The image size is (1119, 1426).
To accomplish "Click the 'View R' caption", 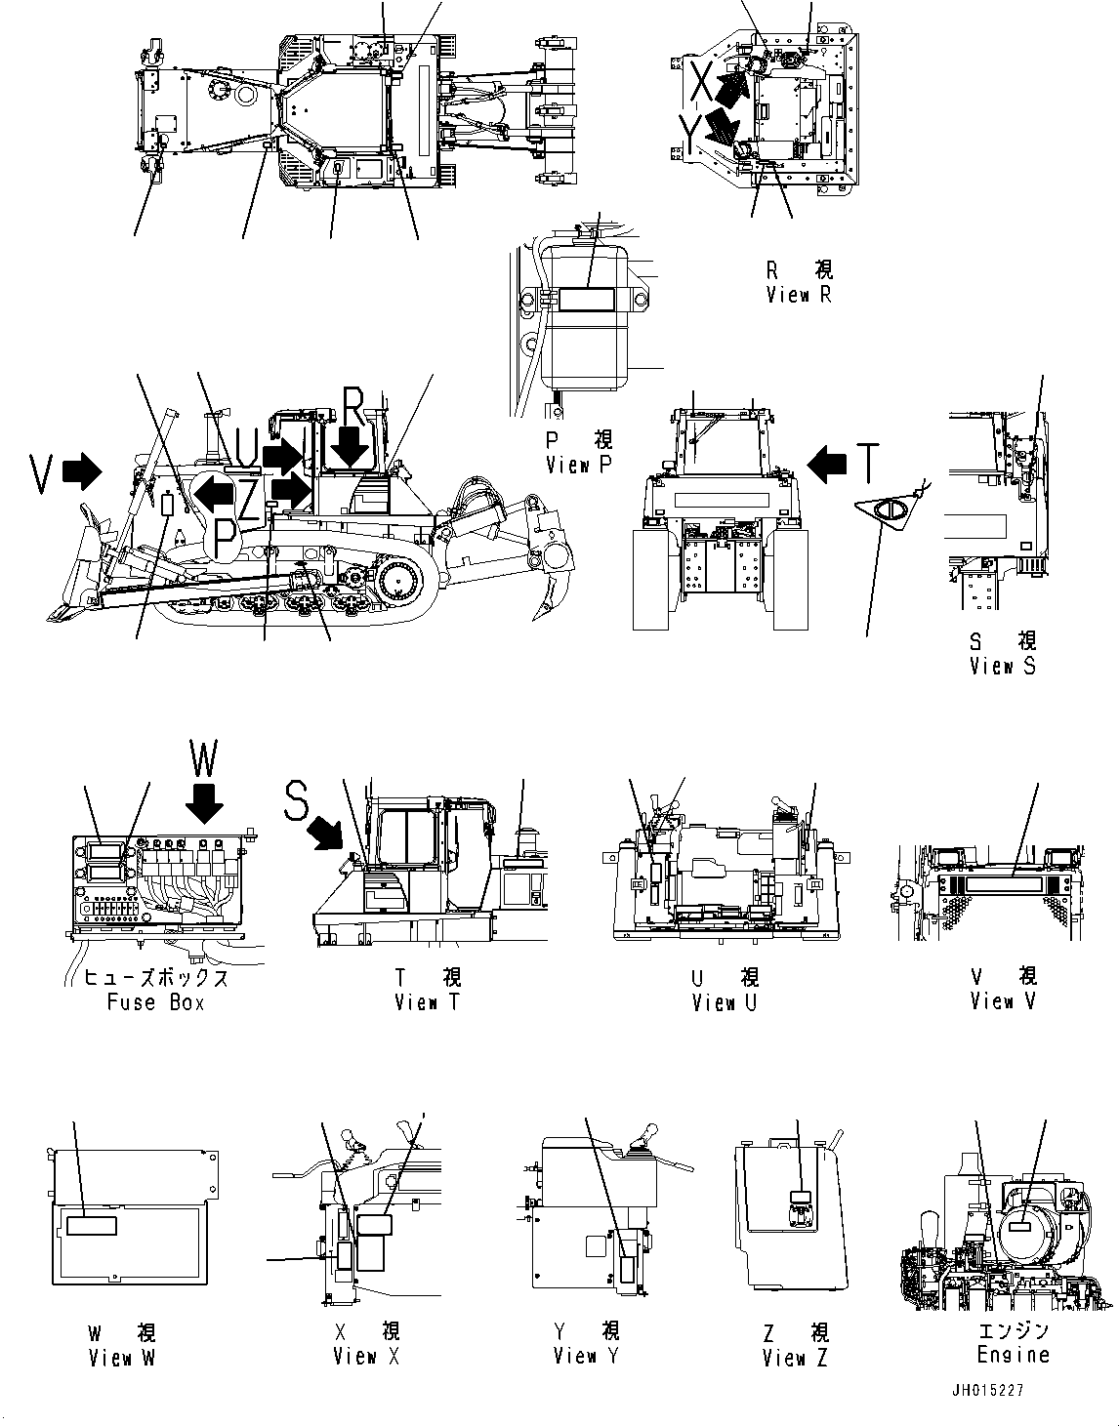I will (799, 295).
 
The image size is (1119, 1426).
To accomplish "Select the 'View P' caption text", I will (580, 466).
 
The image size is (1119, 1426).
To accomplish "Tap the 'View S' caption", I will (1002, 666).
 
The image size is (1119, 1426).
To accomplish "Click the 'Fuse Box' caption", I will (155, 1002).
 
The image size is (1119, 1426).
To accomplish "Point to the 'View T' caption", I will (427, 1002).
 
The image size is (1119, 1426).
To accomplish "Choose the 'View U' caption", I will (725, 1002).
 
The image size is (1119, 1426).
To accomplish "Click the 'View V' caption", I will (1003, 1001).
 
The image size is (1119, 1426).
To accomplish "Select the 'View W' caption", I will (121, 1358).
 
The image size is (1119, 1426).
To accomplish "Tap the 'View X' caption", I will (365, 1357).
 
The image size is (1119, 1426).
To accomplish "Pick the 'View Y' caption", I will (586, 1356).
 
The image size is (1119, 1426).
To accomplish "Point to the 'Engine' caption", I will (1013, 1355).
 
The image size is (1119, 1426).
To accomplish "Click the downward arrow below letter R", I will (350, 450).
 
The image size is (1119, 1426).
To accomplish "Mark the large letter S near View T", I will (297, 801).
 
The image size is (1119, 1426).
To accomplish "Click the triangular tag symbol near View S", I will (890, 509).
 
